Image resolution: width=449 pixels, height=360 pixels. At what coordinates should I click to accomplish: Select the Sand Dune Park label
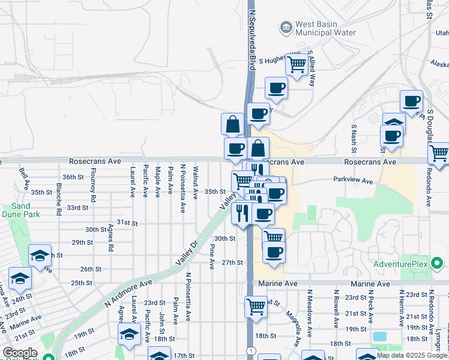point(16,209)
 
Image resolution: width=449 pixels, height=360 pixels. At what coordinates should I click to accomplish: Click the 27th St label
point(232,263)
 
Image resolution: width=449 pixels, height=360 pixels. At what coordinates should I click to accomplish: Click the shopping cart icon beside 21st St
point(256,306)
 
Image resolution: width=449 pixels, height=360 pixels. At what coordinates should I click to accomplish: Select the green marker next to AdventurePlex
point(438,263)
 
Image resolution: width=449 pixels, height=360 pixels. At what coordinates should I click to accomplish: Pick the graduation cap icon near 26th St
point(40,255)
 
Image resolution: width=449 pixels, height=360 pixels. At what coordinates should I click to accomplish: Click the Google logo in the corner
point(20,353)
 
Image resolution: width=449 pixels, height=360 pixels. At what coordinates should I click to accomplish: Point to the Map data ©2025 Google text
point(413,355)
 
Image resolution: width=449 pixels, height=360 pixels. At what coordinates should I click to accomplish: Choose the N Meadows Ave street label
point(310,308)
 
